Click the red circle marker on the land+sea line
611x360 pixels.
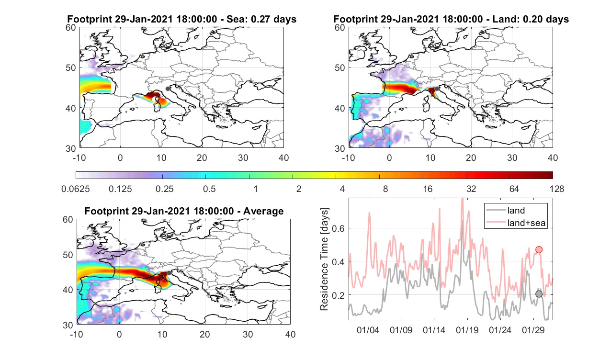click(x=539, y=249)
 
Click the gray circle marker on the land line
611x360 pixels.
click(x=539, y=294)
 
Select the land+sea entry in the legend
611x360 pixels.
click(x=516, y=223)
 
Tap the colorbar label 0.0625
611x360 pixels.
click(x=76, y=189)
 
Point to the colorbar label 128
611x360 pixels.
click(x=556, y=189)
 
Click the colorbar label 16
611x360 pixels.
click(x=428, y=189)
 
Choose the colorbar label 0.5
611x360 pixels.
click(x=209, y=189)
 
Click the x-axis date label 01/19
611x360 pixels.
click(x=467, y=330)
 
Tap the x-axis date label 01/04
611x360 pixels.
click(x=368, y=330)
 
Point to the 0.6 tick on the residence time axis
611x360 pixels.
click(x=339, y=228)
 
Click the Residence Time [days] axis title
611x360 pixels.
click(x=324, y=259)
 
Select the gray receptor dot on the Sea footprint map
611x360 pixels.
click(x=168, y=89)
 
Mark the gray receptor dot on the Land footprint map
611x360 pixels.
click(x=437, y=89)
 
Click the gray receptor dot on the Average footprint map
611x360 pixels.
click(x=169, y=273)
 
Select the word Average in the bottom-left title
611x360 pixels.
click(x=263, y=211)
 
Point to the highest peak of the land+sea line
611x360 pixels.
click(x=463, y=199)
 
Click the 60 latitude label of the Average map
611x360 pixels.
click(x=68, y=220)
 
